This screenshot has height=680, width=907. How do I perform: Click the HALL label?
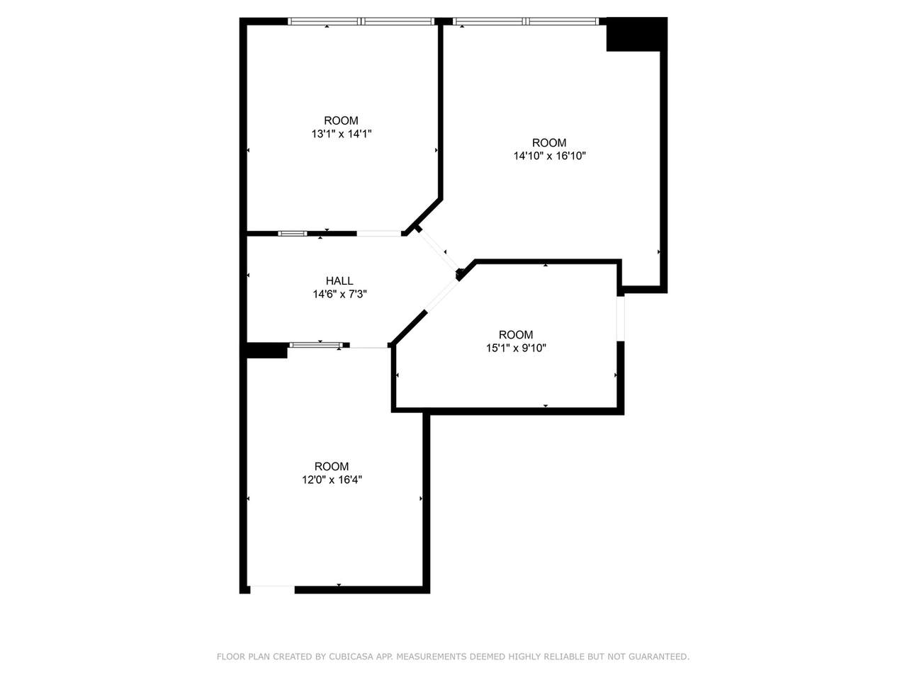(x=339, y=280)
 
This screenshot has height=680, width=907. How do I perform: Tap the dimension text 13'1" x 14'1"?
(x=342, y=134)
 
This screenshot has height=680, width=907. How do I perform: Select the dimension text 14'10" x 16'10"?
(x=549, y=156)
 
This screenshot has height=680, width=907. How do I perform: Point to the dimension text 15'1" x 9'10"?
(x=516, y=348)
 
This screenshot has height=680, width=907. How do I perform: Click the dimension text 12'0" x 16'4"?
(x=332, y=480)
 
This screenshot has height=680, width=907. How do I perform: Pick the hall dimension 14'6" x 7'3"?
(x=339, y=294)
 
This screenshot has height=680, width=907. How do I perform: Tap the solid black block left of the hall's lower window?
(x=267, y=350)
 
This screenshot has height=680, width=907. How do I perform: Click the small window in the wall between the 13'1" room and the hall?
(x=293, y=234)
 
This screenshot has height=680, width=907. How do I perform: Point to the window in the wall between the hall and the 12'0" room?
(x=316, y=345)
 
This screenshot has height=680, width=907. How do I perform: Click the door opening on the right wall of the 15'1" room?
(x=620, y=319)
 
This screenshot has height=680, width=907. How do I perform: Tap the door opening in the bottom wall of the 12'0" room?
(x=272, y=589)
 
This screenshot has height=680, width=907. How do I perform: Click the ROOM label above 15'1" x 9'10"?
(x=516, y=334)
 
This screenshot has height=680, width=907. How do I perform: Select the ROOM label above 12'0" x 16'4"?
(x=332, y=466)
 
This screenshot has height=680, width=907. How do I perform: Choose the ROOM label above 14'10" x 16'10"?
(x=549, y=142)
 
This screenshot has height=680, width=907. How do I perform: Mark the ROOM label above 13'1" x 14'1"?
(x=342, y=120)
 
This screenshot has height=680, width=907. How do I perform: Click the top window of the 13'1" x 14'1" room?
(x=361, y=21)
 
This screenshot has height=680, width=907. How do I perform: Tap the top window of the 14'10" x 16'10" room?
(x=526, y=21)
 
